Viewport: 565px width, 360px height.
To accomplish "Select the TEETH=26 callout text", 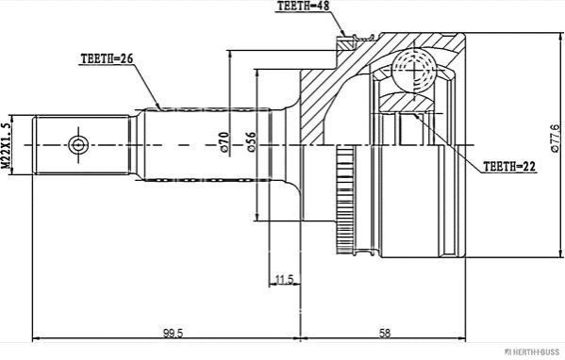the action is (107, 58).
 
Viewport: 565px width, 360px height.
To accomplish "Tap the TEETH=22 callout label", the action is (509, 166).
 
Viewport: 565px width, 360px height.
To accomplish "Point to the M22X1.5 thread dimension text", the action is (6, 145).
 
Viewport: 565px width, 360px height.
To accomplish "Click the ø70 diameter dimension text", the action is (224, 142).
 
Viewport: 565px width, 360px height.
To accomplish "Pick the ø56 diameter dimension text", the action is (251, 142).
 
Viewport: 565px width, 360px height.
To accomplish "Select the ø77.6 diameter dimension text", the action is (556, 138).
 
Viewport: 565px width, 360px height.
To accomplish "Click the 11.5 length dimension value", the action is (285, 279).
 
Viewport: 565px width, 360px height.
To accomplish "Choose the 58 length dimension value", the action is (385, 333).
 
